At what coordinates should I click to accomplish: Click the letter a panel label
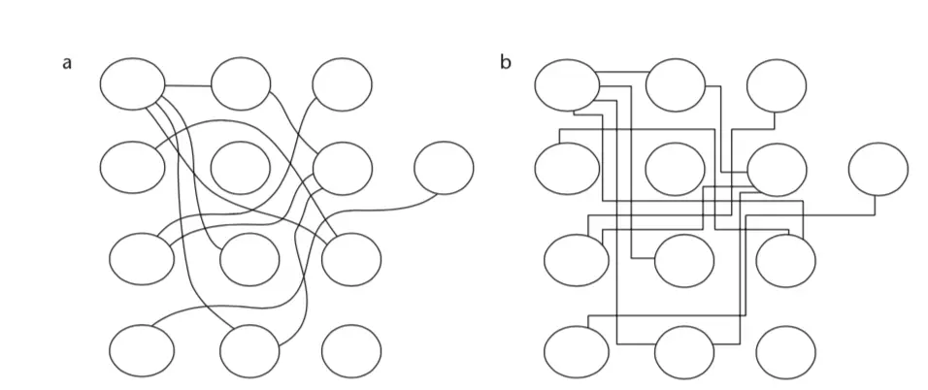click(67, 64)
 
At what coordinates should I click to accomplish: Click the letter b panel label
click(505, 64)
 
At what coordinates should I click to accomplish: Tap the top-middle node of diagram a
click(242, 84)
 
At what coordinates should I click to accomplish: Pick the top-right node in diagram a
click(342, 84)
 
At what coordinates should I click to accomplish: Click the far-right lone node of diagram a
click(444, 168)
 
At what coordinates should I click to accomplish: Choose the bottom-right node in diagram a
click(351, 351)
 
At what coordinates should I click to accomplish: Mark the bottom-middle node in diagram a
click(249, 351)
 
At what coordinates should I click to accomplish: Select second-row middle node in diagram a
click(242, 167)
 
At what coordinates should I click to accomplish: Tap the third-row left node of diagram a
click(142, 259)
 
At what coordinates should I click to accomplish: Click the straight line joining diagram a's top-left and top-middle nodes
click(187, 85)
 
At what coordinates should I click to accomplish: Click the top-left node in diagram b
click(567, 83)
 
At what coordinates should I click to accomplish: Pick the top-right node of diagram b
click(777, 85)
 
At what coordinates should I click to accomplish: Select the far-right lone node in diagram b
click(878, 169)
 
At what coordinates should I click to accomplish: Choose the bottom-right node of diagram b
click(786, 352)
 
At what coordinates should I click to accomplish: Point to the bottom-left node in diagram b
click(577, 352)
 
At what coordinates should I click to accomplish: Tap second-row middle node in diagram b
click(677, 169)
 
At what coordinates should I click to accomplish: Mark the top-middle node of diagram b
click(677, 85)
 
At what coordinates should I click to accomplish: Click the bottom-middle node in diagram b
click(684, 352)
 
